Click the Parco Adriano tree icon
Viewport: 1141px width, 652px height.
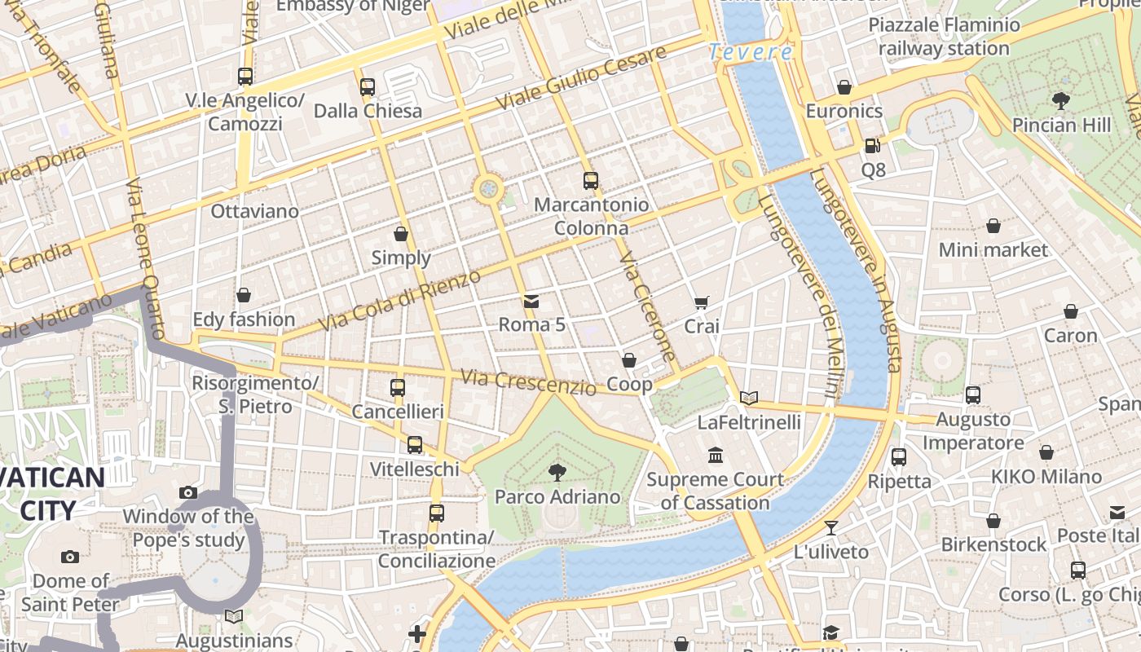(x=557, y=471)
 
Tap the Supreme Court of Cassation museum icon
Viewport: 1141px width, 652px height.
(x=716, y=454)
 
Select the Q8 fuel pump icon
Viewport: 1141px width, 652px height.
(x=873, y=146)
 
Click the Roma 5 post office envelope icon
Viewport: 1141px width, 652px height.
(x=531, y=301)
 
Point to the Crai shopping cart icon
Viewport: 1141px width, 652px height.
(x=701, y=302)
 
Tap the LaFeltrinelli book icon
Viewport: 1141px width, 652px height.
(x=749, y=398)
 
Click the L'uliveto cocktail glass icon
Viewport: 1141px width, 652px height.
(x=830, y=527)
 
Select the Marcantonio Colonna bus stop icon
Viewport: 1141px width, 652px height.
(x=591, y=180)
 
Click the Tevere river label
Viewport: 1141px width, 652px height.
(x=750, y=52)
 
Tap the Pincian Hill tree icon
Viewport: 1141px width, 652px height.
(x=1060, y=101)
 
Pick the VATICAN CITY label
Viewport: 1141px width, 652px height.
(x=52, y=494)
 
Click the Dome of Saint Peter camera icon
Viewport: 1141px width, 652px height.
(x=70, y=557)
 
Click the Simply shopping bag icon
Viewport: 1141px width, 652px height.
(x=401, y=234)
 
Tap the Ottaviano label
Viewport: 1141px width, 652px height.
(x=254, y=211)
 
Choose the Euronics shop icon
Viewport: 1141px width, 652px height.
(x=844, y=87)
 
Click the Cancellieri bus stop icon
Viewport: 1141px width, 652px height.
(x=398, y=388)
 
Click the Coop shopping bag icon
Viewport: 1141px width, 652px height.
(x=629, y=360)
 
